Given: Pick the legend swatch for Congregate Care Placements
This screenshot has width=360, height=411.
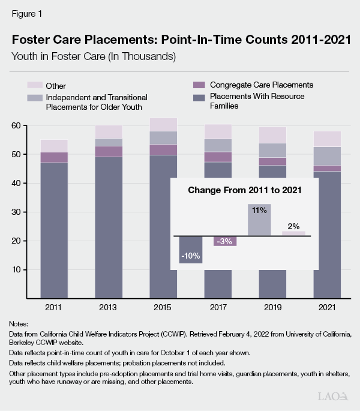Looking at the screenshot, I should pyautogui.click(x=199, y=85).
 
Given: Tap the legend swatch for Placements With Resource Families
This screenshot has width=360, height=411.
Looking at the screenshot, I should pyautogui.click(x=199, y=96).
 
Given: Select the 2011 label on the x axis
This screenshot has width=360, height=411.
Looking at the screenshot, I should pyautogui.click(x=53, y=307).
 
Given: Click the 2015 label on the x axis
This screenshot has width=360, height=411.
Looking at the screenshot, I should pyautogui.click(x=163, y=307).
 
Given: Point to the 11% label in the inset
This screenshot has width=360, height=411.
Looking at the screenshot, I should pyautogui.click(x=259, y=210).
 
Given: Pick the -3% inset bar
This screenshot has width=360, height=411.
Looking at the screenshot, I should pyautogui.click(x=226, y=241).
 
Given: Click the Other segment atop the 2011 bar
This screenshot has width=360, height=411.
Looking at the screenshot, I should pyautogui.click(x=53, y=146).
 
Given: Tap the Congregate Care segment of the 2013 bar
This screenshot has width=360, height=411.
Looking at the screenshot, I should pyautogui.click(x=109, y=151).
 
